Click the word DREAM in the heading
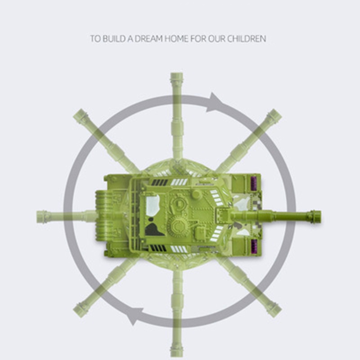pos(148,39)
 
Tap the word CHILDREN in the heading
pos(247,39)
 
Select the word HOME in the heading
pos(176,39)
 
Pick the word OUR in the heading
pos(217,39)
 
